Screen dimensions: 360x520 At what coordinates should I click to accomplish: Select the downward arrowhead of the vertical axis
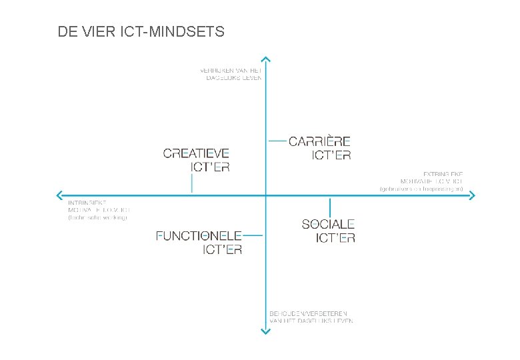click(265, 331)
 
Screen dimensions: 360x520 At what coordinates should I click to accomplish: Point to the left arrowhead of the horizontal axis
click(56, 195)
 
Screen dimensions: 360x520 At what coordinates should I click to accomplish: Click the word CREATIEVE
click(196, 153)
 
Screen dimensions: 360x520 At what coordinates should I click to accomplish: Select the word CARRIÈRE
click(319, 141)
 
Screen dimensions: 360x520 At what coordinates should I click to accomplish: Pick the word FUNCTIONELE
click(199, 235)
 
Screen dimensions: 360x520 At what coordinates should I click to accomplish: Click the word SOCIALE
click(328, 224)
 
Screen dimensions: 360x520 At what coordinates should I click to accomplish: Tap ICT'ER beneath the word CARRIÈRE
click(331, 155)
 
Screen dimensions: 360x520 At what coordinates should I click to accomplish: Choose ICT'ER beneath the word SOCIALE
click(335, 238)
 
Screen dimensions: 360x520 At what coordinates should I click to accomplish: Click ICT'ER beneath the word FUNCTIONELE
click(222, 250)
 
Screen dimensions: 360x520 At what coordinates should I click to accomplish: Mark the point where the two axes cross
click(265, 195)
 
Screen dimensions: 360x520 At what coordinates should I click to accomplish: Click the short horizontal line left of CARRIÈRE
click(277, 141)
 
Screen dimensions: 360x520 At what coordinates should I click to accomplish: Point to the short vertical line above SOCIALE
click(329, 206)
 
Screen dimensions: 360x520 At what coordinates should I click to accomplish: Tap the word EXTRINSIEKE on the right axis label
click(443, 174)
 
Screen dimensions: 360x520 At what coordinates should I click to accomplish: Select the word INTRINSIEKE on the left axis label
click(87, 203)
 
